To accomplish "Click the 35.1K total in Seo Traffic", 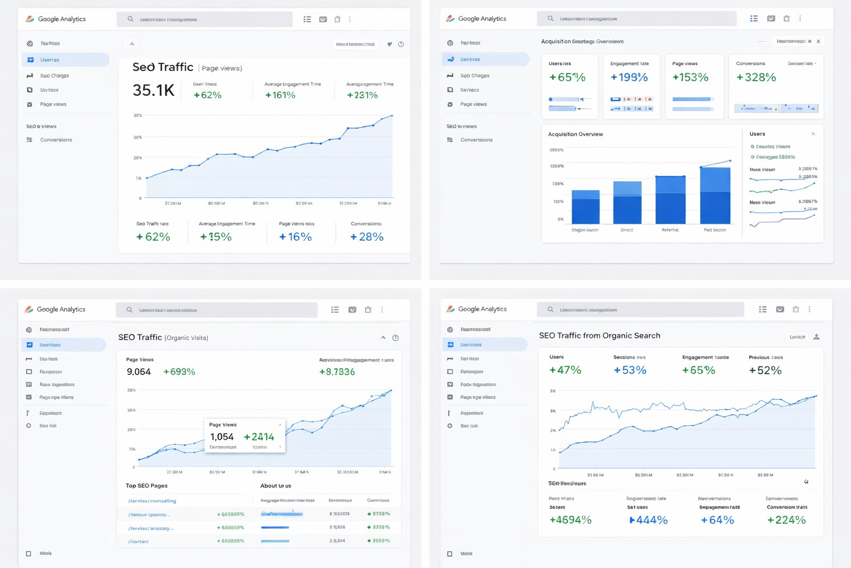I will pos(153,90).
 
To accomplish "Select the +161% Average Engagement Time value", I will pos(280,95).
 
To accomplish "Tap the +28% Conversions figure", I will pos(366,237).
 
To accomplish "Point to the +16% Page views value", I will pos(295,237).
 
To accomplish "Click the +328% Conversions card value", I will pos(756,78).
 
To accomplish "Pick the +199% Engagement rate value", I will pos(629,78).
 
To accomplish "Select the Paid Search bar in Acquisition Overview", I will pos(715,195).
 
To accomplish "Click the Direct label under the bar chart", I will pos(627,230).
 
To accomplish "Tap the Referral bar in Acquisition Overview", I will pos(670,200).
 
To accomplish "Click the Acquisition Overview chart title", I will pos(575,134).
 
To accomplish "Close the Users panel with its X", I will pos(813,134).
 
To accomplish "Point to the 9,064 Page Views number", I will pos(139,372).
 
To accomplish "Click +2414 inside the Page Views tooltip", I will pos(259,437).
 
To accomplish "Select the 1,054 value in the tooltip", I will pos(222,437).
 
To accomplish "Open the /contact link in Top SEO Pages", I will pos(138,541).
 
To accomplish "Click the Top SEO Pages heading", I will pos(146,486).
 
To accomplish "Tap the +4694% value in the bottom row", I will pos(570,520).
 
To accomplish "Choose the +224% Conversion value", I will pos(786,520).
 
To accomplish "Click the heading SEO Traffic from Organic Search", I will pos(599,336).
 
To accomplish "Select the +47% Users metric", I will pos(565,370).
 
